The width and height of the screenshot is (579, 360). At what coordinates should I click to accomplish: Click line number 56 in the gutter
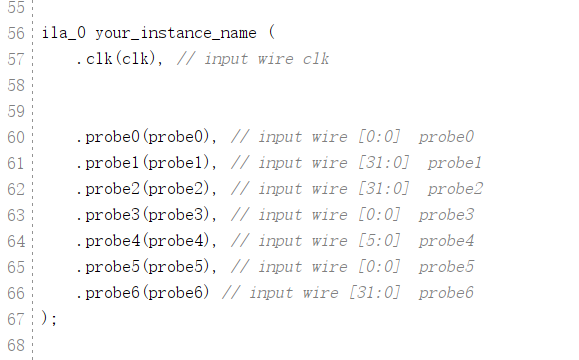[x=15, y=33]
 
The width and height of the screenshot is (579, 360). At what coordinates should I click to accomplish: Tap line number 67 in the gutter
[x=15, y=319]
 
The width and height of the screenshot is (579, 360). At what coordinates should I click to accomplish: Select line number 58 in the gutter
[x=15, y=85]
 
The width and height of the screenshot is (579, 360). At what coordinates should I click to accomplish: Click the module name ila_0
[x=63, y=33]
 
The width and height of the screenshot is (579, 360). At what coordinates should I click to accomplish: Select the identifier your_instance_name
[x=175, y=33]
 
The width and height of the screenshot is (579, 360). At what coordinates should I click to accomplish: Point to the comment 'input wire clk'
[x=266, y=59]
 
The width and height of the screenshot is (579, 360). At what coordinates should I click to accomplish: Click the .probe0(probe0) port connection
[x=147, y=137]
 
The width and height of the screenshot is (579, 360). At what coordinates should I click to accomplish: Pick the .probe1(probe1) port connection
[x=147, y=163]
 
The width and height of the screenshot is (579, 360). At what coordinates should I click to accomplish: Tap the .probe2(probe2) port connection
[x=147, y=189]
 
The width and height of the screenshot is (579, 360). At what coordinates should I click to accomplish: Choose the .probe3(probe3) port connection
[x=147, y=215]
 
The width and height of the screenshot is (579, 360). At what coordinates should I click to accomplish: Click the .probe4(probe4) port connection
[x=147, y=241]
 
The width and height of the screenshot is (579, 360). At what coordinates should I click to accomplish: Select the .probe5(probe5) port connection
[x=147, y=267]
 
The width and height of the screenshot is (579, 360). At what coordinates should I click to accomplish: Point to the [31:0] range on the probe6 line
[x=374, y=293]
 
